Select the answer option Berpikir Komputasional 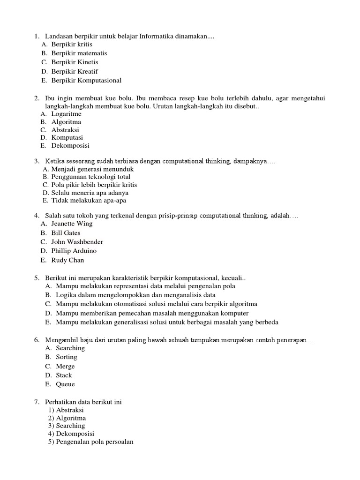tap(86, 80)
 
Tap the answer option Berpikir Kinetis tap(75, 62)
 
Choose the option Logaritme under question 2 tap(66, 113)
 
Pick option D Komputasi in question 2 tap(67, 137)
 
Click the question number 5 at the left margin tap(37, 278)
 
